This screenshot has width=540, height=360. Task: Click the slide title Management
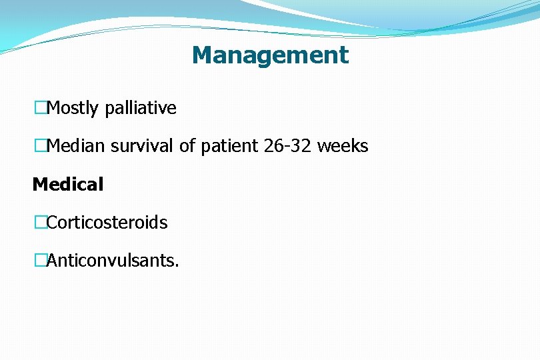270,55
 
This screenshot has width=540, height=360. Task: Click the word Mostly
74,108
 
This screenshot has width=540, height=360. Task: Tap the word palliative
141,108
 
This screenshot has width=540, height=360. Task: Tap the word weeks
343,146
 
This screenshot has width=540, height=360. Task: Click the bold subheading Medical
68,185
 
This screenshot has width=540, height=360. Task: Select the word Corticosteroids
107,223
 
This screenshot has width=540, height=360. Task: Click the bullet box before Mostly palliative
41,108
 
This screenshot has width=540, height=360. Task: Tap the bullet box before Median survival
41,146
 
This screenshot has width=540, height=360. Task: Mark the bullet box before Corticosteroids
41,223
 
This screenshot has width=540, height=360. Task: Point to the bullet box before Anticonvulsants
41,261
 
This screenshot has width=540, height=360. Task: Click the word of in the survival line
187,146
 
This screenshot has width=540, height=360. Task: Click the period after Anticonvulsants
177,265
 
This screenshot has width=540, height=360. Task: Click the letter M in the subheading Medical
39,185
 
